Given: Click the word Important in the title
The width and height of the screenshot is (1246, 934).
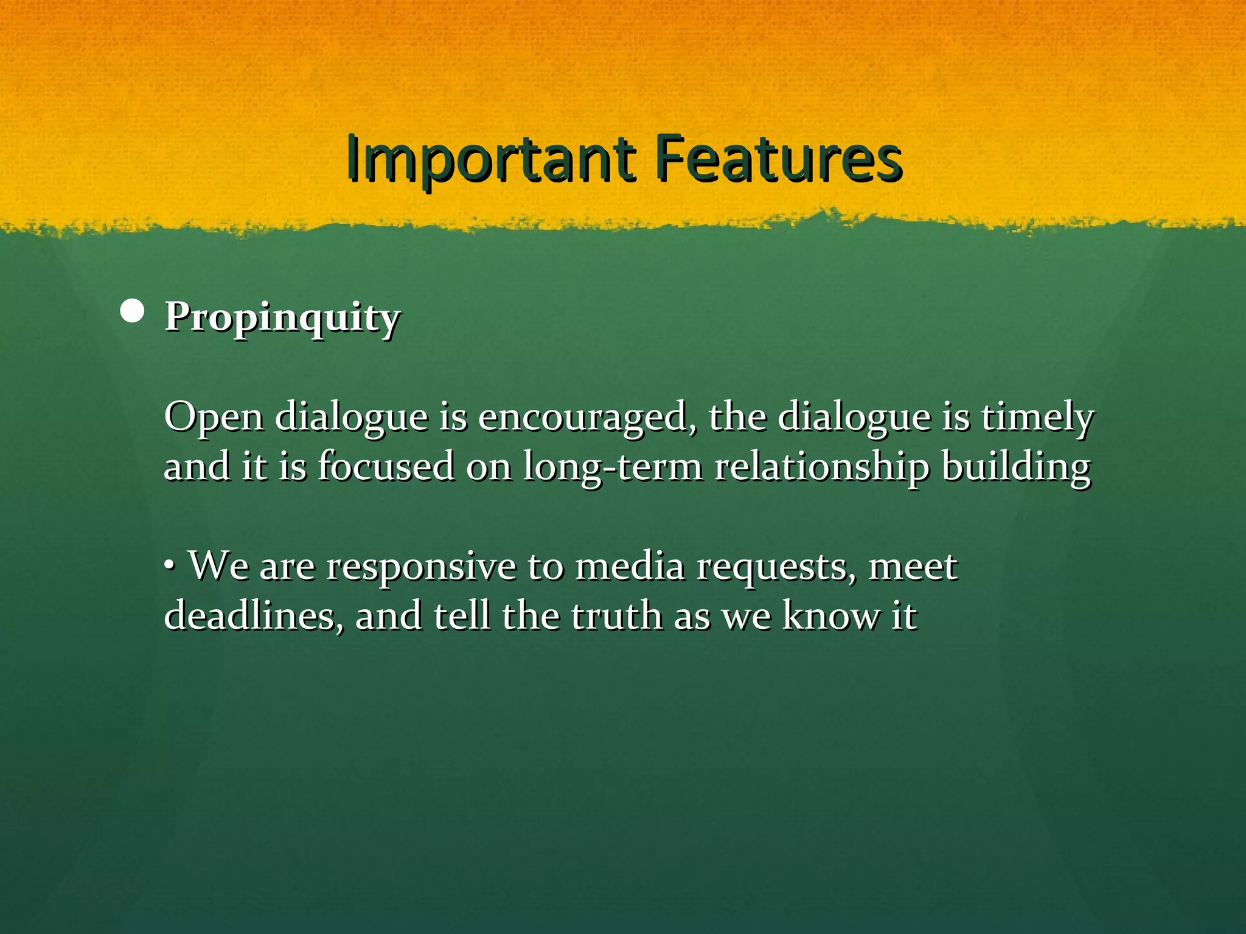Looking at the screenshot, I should click(x=490, y=159).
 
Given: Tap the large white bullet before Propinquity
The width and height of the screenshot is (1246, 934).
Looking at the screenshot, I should click(x=132, y=312).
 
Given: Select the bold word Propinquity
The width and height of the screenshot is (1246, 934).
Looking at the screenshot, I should click(x=282, y=318).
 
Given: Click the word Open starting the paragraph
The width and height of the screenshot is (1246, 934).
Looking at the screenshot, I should click(x=214, y=418).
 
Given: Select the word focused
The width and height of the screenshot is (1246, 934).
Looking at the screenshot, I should click(x=386, y=467).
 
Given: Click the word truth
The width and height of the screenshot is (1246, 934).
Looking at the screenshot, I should click(x=616, y=615).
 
